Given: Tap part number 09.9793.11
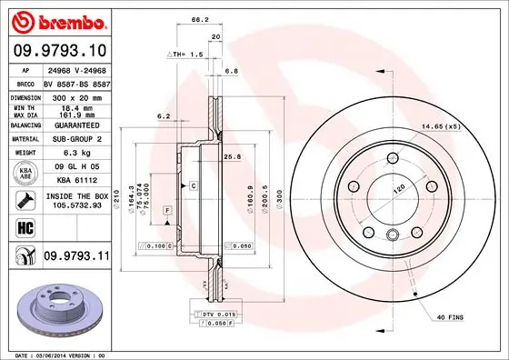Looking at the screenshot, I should click(75, 258).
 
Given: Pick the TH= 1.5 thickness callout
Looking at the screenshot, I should click(190, 55).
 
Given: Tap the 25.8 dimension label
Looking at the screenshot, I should click(232, 157).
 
